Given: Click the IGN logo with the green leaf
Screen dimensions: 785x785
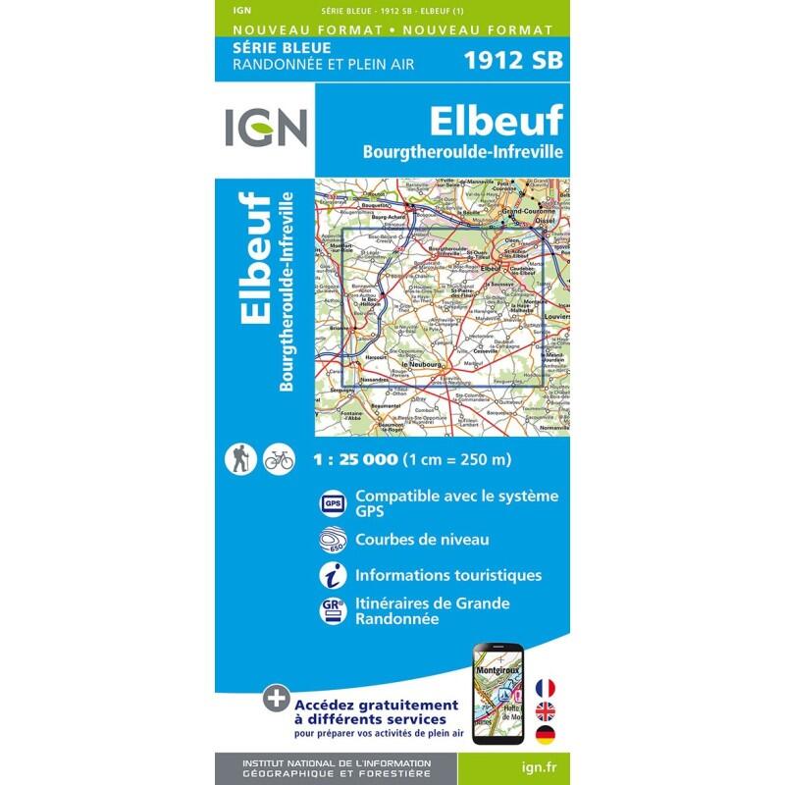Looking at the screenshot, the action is click(x=265, y=128).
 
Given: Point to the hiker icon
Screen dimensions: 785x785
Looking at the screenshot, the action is click(x=240, y=457).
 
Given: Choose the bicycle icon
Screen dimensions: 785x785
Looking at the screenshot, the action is click(x=278, y=458).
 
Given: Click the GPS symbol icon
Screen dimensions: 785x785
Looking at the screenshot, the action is click(x=333, y=503).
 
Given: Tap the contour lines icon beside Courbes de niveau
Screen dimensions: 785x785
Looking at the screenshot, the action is click(x=333, y=540).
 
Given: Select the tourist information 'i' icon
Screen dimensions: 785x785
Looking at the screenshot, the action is click(x=333, y=575).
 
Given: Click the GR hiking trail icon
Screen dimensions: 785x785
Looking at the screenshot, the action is click(x=333, y=609).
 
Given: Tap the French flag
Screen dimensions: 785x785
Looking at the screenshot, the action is click(x=545, y=660).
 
